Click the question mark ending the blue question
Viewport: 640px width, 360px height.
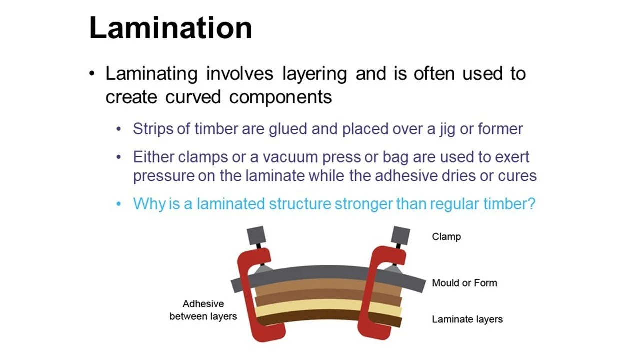[x=531, y=204]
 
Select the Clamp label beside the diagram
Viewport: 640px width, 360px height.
[x=446, y=236]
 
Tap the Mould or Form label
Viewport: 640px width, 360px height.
[x=464, y=283]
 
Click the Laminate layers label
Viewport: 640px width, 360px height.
[x=467, y=319]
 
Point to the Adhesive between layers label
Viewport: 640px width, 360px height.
[x=203, y=310]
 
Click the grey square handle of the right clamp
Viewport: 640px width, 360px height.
[x=400, y=236]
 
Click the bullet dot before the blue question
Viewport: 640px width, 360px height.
[x=119, y=204]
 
